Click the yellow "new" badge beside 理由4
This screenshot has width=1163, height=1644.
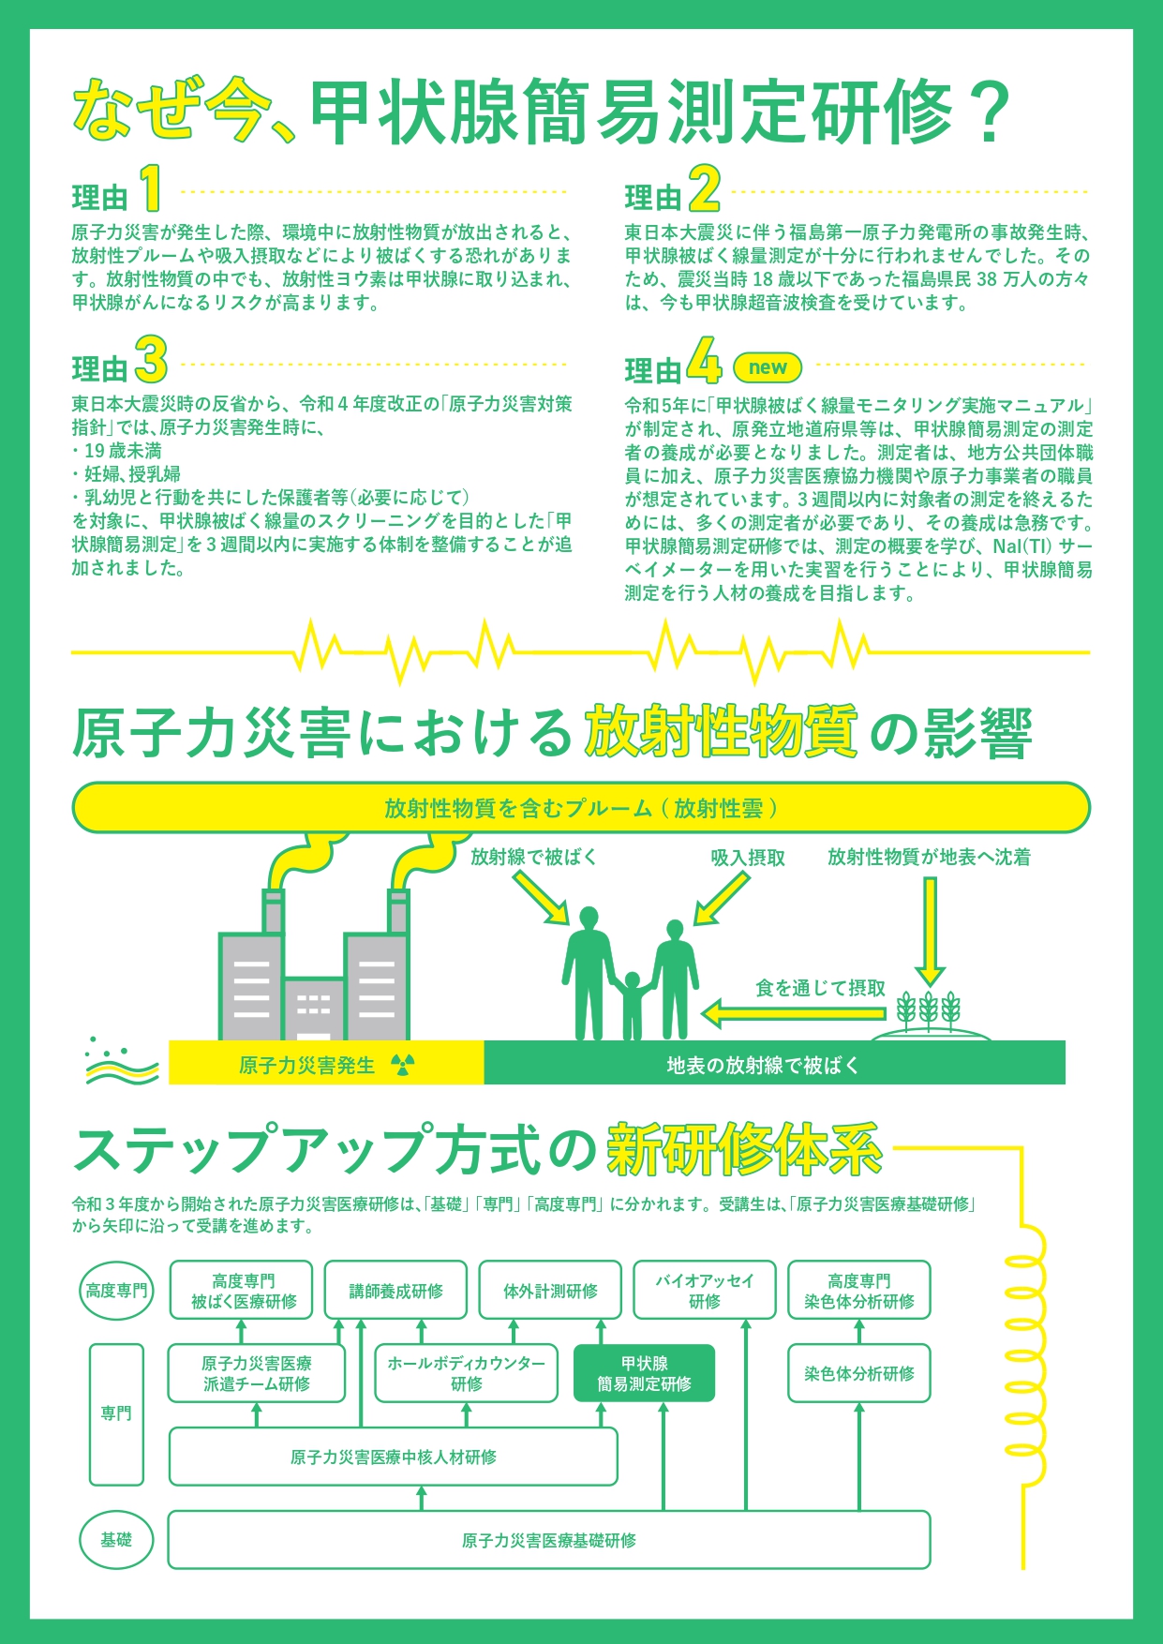768,367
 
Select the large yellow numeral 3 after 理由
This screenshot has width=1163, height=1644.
151,360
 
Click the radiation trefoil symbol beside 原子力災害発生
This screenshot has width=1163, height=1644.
402,1065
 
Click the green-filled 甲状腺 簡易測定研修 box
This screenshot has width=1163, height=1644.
644,1374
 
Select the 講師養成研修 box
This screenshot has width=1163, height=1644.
395,1291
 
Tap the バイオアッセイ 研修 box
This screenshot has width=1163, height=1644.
704,1291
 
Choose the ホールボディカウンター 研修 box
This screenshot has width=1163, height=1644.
466,1374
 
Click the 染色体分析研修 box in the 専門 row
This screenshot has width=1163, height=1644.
858,1374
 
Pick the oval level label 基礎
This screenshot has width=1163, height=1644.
116,1540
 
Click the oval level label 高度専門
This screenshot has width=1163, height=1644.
116,1291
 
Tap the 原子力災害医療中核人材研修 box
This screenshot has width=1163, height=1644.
393,1457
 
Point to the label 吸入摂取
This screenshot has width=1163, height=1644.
747,858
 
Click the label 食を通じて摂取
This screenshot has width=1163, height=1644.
820,988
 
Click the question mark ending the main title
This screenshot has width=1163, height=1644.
984,112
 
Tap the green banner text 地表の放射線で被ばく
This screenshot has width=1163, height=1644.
762,1066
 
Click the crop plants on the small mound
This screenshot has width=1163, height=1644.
929,1010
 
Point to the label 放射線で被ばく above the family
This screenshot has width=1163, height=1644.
533,857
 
